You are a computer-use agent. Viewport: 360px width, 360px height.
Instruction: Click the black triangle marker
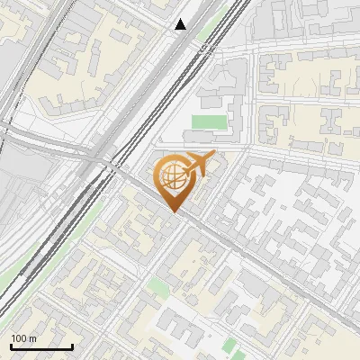click(181, 24)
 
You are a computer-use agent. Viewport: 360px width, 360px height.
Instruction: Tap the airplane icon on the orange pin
click(197, 165)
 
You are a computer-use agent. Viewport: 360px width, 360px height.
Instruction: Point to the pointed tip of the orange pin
click(174, 212)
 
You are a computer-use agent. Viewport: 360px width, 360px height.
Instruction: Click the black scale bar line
click(41, 346)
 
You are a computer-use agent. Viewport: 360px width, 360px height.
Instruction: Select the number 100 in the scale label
click(19, 338)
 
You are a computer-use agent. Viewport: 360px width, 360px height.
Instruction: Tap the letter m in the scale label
click(32, 338)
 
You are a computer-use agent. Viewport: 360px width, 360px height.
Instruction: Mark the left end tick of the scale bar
click(11, 345)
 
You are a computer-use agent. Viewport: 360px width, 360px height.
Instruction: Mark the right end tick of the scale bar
click(72, 345)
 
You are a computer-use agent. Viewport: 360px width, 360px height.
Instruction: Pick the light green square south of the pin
click(159, 287)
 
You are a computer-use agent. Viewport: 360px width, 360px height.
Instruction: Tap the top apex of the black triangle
click(181, 19)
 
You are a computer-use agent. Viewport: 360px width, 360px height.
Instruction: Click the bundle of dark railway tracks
click(135, 117)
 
